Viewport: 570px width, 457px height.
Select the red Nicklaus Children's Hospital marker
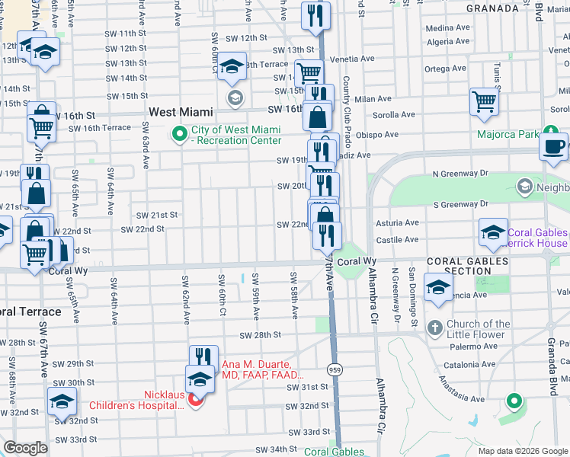pyautogui.click(x=195, y=399)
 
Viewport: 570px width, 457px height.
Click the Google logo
pyautogui.click(x=26, y=448)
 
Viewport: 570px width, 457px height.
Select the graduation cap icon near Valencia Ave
pyautogui.click(x=439, y=289)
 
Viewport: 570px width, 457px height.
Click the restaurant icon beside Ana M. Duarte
pyautogui.click(x=203, y=358)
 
